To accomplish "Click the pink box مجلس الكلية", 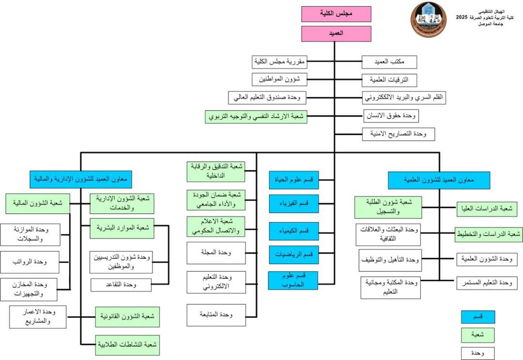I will tap(336, 14).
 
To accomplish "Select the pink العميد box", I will tap(336, 34).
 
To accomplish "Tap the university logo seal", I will tap(429, 19).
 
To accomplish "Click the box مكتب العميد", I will tap(389, 61).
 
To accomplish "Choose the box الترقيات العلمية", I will tap(389, 79).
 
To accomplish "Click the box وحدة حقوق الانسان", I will tap(391, 116).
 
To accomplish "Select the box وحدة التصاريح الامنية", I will tap(399, 134).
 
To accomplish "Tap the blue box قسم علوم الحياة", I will tap(294, 180).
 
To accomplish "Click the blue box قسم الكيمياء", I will tap(294, 230).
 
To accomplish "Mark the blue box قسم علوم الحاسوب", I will tap(293, 280).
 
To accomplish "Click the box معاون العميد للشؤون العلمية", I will tap(439, 180).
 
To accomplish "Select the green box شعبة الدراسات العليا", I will tap(487, 209).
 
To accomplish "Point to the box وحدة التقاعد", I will tap(121, 285).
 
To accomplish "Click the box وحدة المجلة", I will tap(215, 253).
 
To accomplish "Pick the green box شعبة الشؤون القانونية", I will tap(127, 316).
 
